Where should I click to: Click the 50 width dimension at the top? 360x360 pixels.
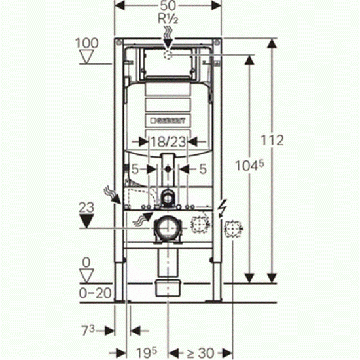click(x=168, y=6)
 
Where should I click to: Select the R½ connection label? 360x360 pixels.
click(x=168, y=18)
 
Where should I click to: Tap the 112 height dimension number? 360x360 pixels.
click(x=272, y=140)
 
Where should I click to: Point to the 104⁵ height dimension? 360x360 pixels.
click(x=249, y=166)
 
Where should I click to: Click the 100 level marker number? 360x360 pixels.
click(x=87, y=43)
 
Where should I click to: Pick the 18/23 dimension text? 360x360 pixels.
click(x=168, y=142)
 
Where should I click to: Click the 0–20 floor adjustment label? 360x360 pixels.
click(x=96, y=293)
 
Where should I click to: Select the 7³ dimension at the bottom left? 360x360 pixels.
click(x=88, y=331)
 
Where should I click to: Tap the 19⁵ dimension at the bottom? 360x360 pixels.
click(x=147, y=352)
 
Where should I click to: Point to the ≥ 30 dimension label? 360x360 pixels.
click(x=200, y=353)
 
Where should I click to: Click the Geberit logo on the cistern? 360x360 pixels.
click(x=168, y=121)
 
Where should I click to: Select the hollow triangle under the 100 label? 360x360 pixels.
click(x=86, y=57)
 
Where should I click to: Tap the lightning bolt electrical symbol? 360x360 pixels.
click(x=223, y=208)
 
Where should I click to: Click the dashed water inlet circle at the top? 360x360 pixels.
click(x=168, y=55)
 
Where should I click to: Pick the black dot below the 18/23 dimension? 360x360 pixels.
click(x=168, y=170)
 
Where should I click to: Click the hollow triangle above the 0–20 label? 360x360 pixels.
click(x=86, y=276)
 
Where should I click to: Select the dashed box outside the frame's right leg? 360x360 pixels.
click(x=232, y=228)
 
